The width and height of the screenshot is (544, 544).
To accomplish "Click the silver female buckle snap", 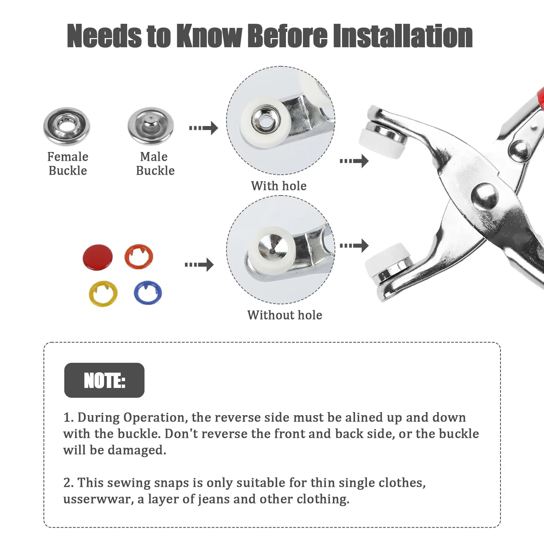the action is coord(67,126).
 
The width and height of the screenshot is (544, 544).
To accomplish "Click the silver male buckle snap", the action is coord(151,126).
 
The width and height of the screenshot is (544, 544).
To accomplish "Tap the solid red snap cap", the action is coord(98,256).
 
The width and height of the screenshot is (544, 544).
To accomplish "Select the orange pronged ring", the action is coord(139,256).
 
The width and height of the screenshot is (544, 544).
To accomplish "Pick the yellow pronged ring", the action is coord(103,293).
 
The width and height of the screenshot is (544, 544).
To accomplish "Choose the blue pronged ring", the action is coord(148,293).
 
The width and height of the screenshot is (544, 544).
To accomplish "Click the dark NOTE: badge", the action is coord(104,380).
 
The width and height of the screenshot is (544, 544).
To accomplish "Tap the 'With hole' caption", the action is coord(279,186).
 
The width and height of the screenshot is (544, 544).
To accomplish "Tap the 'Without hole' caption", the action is coord(285,315).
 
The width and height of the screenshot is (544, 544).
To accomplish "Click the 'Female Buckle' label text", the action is coord(68,164).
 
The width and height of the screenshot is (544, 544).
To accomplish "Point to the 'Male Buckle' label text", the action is coord(155,164).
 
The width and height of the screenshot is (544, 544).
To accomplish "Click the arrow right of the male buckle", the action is coord(204,128).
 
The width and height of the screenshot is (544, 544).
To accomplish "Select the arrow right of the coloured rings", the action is coord(199,265).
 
